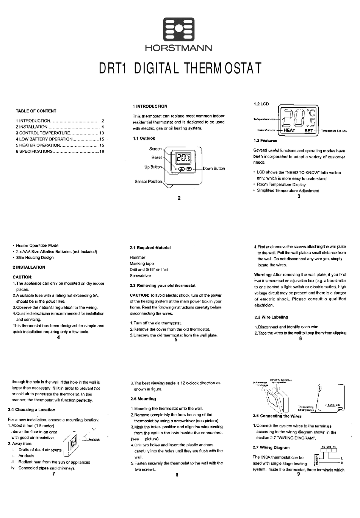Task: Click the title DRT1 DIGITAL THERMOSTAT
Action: point(180,69)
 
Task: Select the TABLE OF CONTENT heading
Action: point(36,111)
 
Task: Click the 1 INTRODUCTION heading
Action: point(150,106)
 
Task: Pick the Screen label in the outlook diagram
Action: point(155,149)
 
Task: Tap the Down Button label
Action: point(214,169)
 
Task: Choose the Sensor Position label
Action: point(148,182)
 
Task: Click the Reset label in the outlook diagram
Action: point(157,157)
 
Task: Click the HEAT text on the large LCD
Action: point(289,130)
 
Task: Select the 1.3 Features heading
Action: point(265,141)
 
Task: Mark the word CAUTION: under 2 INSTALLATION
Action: point(22,277)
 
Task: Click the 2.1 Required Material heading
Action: point(150,248)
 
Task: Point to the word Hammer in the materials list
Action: point(138,257)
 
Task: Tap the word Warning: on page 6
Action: point(263,275)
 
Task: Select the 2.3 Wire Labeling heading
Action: point(271,317)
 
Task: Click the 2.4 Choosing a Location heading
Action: point(31,410)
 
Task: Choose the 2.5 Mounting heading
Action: point(143,399)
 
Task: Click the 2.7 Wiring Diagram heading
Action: point(271,448)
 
